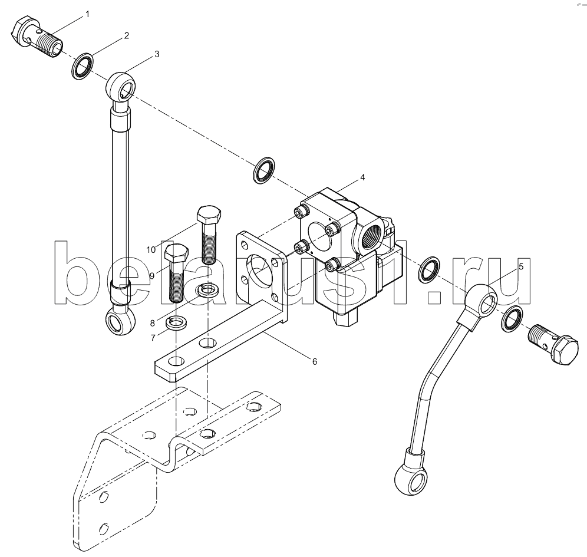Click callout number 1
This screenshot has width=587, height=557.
tap(87, 14)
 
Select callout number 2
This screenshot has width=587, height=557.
tap(127, 35)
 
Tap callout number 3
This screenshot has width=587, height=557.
tap(157, 54)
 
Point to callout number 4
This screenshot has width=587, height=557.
tap(362, 177)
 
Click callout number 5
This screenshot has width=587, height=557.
tap(521, 266)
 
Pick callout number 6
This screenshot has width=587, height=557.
tap(315, 361)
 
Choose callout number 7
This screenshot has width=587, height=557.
tap(153, 338)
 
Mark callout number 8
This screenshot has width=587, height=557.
tap(153, 323)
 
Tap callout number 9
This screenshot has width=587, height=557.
tap(151, 276)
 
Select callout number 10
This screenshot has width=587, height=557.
tap(151, 250)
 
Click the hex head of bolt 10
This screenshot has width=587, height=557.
tap(209, 215)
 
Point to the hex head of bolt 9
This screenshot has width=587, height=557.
tap(177, 253)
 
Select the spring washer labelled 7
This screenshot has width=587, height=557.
tap(177, 322)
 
